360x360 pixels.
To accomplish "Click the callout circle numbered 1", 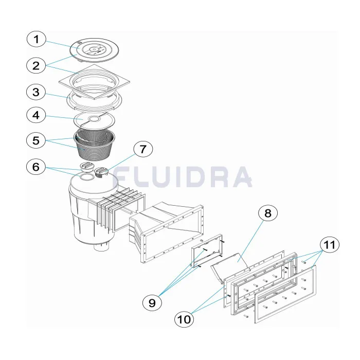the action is coord(37,39).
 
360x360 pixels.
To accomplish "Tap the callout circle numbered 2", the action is coord(36,66).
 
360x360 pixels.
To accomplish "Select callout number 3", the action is coord(36,92).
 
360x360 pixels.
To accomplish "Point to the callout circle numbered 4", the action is coord(36,115).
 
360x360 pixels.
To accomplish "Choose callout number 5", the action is coord(36,140).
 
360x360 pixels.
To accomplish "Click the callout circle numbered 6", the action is coord(36,167).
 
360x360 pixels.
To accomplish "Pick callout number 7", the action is coord(143,149).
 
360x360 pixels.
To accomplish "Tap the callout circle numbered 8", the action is coord(268,213).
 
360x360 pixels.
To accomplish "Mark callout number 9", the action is coord(152,303).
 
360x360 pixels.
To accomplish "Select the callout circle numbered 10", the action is coord(184,319).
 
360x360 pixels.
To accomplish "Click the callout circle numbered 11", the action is coord(330,245).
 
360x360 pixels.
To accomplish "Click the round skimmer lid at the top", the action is coord(94,50).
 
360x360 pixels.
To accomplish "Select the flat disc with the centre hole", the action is coord(94,120).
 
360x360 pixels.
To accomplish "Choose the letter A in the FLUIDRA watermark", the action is coord(241,176).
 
